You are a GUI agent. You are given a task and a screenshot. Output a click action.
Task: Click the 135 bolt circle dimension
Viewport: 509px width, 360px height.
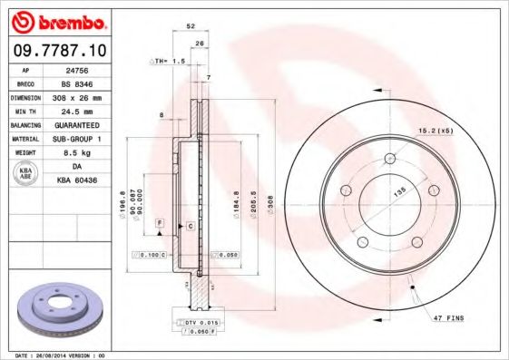coord(396,193)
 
